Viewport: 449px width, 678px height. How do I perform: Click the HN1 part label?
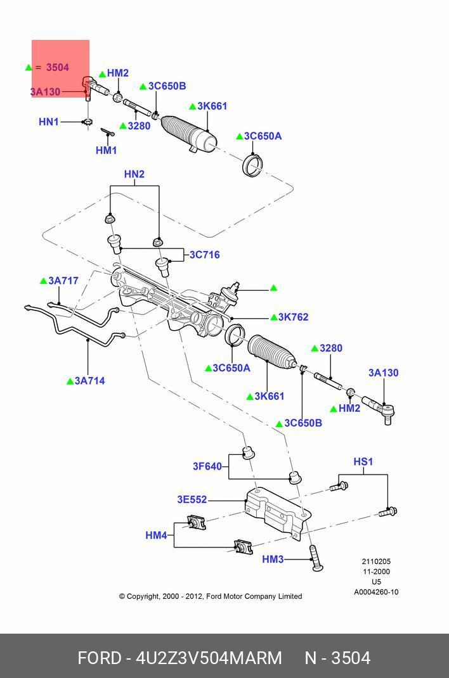click(x=49, y=122)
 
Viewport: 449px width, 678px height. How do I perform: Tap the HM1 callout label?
click(x=107, y=151)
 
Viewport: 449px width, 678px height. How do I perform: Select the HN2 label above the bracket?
click(x=134, y=174)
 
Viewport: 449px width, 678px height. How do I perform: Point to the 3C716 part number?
click(x=204, y=255)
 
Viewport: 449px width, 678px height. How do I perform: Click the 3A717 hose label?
click(x=63, y=281)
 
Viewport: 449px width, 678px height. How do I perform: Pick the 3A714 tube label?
click(x=90, y=381)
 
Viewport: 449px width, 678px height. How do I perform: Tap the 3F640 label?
click(x=207, y=466)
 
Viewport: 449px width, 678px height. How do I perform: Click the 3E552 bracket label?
click(x=192, y=500)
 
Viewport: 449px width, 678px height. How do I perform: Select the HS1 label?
click(x=363, y=462)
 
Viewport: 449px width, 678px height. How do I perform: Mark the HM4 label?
click(x=156, y=535)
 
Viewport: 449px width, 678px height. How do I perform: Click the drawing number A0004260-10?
click(x=376, y=592)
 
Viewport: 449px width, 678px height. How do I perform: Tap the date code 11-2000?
click(x=376, y=572)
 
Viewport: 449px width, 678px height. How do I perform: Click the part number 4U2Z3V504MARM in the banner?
click(x=209, y=658)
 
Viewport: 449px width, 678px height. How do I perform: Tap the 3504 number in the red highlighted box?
click(x=57, y=67)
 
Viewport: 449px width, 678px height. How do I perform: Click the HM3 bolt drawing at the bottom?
click(x=315, y=557)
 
